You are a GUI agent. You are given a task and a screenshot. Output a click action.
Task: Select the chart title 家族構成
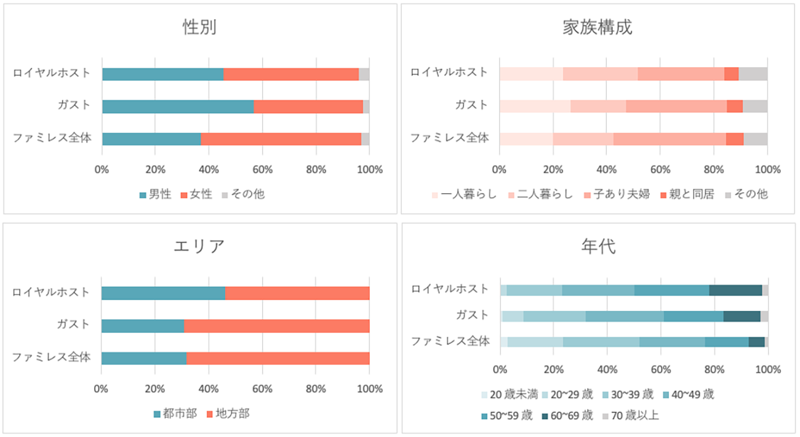click(597, 28)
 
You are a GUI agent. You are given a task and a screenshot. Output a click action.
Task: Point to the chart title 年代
click(598, 246)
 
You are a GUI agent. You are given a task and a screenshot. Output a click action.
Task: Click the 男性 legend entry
click(155, 194)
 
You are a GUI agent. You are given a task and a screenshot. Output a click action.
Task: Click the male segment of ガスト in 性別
click(178, 106)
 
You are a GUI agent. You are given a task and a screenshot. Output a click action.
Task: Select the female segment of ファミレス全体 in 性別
click(281, 139)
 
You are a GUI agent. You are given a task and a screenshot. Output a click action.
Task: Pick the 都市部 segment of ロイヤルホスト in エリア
click(163, 293)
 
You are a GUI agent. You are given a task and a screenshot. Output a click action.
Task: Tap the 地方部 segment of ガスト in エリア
click(276, 326)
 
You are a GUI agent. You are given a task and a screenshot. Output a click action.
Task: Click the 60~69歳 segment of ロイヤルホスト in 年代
click(735, 290)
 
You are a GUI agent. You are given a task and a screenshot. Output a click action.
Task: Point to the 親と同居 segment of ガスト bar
click(735, 106)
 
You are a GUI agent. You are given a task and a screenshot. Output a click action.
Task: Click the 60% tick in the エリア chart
click(262, 389)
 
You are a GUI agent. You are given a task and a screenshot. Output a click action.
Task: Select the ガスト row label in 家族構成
click(471, 105)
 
